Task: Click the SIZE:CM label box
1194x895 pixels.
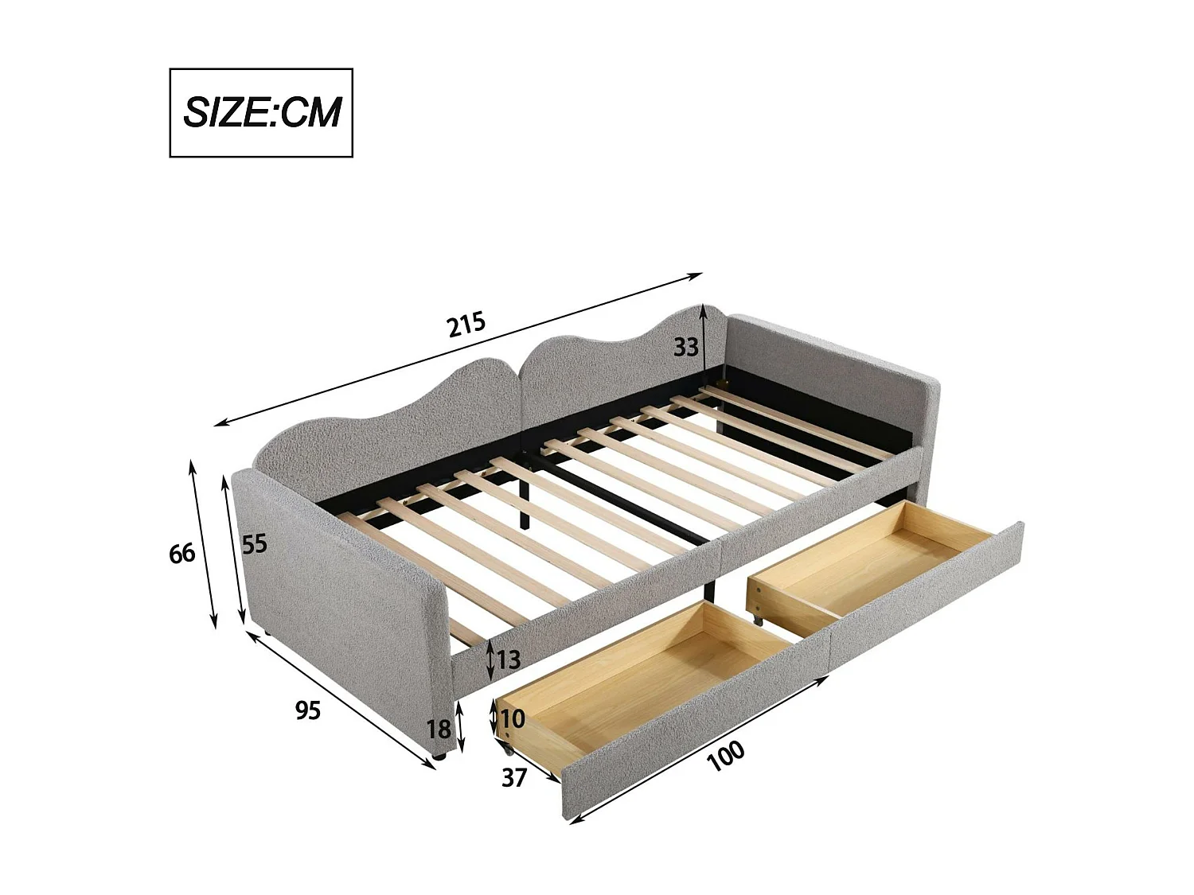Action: [x=261, y=112]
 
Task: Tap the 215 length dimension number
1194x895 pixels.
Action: [x=466, y=325]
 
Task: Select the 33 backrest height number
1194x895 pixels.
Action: [x=685, y=347]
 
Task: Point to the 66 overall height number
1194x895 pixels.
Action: [x=181, y=552]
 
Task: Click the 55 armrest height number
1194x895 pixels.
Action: [x=254, y=544]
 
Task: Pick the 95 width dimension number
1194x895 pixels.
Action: [x=308, y=710]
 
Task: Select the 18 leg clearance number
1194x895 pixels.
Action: [x=439, y=728]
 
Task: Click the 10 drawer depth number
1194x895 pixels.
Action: [x=513, y=718]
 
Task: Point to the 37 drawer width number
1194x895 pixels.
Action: [x=514, y=776]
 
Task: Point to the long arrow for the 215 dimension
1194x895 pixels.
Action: [x=458, y=350]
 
